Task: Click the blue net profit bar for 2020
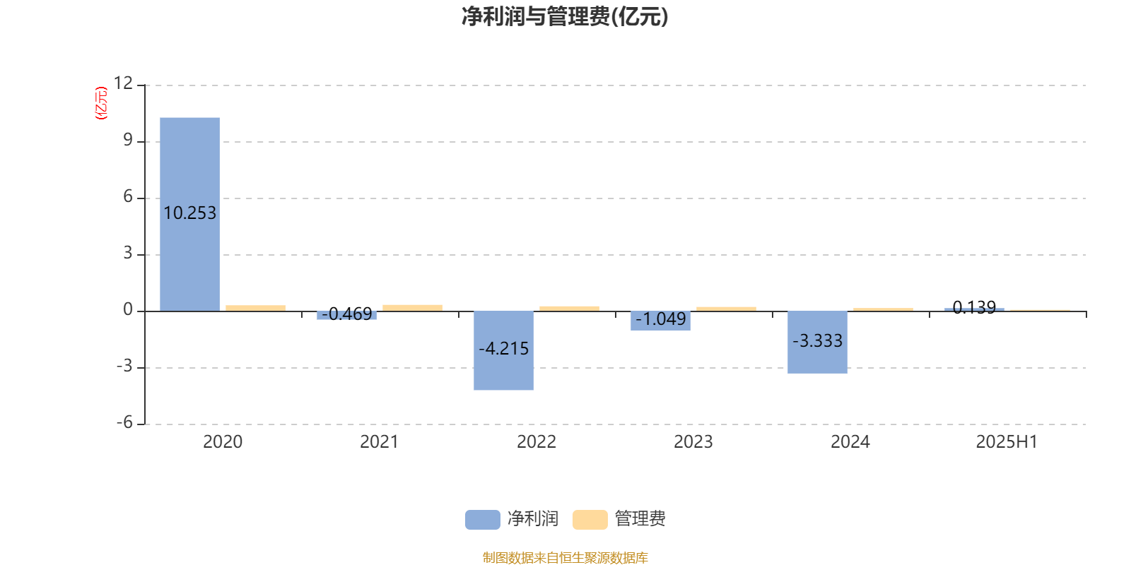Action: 190,215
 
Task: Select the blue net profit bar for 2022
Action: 503,350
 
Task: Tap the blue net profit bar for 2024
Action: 817,343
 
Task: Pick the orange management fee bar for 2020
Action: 255,308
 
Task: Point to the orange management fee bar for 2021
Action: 413,308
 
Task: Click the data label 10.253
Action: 190,213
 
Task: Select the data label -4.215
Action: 503,349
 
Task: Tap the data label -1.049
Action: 660,319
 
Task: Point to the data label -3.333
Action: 817,341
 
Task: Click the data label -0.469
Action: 347,314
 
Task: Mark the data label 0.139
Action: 974,307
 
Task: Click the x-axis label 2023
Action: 693,442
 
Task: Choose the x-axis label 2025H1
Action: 1007,442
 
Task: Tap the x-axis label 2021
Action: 379,442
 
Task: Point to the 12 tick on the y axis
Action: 123,83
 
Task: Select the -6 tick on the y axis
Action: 124,422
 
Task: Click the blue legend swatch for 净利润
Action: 483,520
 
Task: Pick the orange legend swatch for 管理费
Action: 590,520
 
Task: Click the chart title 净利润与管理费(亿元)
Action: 565,17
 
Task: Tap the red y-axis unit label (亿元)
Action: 102,103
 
